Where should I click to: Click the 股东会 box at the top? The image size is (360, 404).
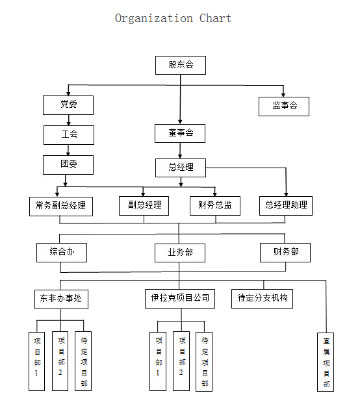(x=181, y=65)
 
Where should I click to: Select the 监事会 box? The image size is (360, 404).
(x=284, y=107)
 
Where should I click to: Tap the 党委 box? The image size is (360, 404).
(x=68, y=105)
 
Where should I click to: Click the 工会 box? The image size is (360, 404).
(x=69, y=135)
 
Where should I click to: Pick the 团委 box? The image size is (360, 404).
(x=68, y=165)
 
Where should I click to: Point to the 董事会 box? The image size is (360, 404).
(x=180, y=133)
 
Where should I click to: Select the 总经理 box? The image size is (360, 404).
(x=181, y=168)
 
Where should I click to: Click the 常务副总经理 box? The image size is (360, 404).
(x=61, y=207)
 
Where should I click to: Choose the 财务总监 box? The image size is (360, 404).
(x=215, y=206)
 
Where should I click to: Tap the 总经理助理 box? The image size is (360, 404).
(x=286, y=206)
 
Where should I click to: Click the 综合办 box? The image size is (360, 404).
(x=62, y=253)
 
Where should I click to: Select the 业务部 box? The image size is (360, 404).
(x=180, y=253)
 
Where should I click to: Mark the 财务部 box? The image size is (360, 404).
(x=285, y=253)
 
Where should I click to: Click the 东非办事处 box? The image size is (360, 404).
(x=61, y=299)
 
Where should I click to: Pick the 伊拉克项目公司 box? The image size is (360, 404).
(x=180, y=299)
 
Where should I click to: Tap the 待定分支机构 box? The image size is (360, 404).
(x=262, y=299)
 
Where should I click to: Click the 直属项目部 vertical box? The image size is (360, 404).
(x=326, y=362)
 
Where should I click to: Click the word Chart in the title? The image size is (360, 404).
(x=216, y=18)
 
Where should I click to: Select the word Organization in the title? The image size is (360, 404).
(x=154, y=19)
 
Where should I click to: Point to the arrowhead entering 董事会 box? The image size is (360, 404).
(x=180, y=122)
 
